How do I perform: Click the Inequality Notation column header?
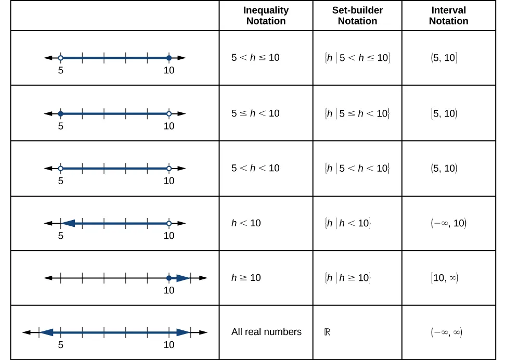tap(266, 16)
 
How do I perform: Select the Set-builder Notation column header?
tap(357, 16)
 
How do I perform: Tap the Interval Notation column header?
tap(449, 16)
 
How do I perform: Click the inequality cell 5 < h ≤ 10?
tap(255, 58)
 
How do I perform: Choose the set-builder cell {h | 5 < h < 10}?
tap(357, 168)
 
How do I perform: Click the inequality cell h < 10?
tap(246, 223)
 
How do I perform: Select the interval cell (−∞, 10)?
tap(448, 223)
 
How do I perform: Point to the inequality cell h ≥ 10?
tap(246, 278)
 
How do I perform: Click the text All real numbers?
tap(266, 332)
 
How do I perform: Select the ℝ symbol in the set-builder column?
tap(327, 332)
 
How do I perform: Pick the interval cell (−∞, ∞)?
tap(446, 332)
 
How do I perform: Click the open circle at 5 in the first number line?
tap(61, 58)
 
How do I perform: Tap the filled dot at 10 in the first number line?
tap(169, 58)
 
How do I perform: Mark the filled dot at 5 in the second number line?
tap(61, 113)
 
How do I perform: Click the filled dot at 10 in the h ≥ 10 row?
tap(169, 278)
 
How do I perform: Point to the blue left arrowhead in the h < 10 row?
tap(68, 223)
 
